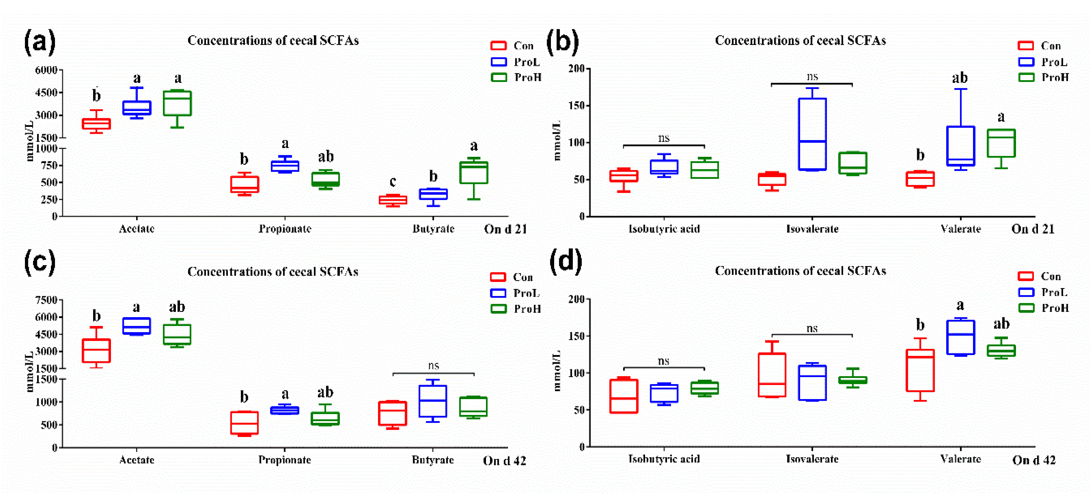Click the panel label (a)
[39, 42]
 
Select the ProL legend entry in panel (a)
[516, 62]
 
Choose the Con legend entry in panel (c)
[512, 277]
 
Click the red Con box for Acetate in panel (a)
[96, 124]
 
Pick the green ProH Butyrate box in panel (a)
[474, 173]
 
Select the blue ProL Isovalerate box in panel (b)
[812, 134]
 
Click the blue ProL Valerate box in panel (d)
[961, 337]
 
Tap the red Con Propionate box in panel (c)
[245, 422]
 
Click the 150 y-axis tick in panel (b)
[576, 105]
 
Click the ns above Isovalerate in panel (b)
[812, 77]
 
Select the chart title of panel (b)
[800, 41]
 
